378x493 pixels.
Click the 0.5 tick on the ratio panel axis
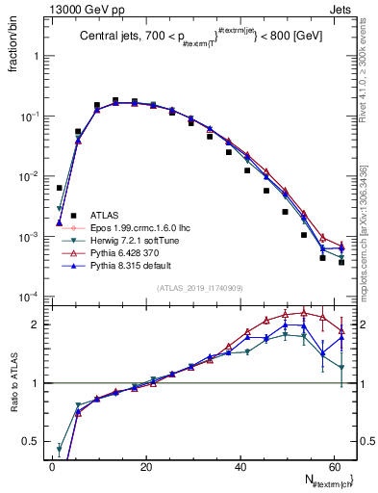[x=31, y=442]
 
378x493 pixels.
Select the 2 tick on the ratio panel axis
[x=35, y=324]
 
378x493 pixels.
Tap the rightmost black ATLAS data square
[x=341, y=262]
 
